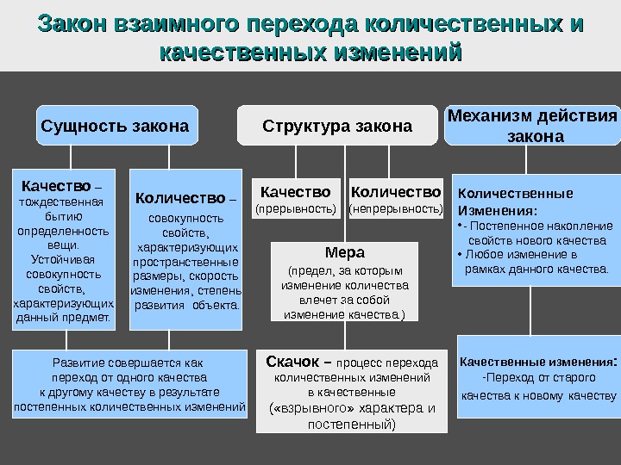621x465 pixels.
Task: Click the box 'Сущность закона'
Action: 116,127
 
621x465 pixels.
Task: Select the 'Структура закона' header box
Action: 337,127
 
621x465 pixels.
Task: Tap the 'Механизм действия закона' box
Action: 532,127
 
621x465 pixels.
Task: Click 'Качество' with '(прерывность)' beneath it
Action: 295,191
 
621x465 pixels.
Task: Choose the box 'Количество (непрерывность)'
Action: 396,198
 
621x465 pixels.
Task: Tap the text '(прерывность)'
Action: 295,208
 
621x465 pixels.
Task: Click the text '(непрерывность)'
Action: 396,208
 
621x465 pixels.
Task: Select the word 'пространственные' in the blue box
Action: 186,262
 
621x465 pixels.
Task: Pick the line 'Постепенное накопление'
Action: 543,226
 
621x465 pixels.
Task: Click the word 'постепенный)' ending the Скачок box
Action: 352,424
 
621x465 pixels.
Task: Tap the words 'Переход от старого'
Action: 540,378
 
